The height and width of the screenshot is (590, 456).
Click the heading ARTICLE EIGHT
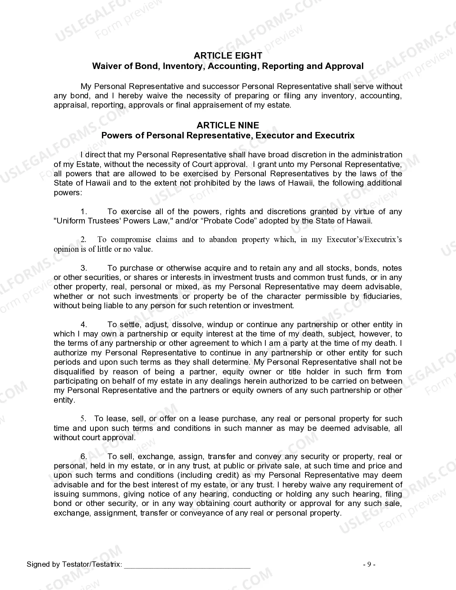click(228, 55)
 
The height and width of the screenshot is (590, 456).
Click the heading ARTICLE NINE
click(228, 125)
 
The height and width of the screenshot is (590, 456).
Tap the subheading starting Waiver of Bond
click(228, 66)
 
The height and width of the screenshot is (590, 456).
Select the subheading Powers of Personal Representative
click(228, 136)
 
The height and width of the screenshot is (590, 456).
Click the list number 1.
click(84, 212)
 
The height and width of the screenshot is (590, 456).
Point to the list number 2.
click(83, 240)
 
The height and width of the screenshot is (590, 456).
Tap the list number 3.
click(84, 268)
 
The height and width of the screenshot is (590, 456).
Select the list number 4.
click(84, 325)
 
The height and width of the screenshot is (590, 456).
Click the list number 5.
click(83, 419)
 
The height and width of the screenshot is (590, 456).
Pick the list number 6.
click(84, 457)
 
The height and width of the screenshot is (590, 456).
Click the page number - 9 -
click(369, 565)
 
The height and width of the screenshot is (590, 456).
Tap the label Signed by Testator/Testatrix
click(74, 565)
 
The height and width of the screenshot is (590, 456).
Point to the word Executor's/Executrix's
click(364, 240)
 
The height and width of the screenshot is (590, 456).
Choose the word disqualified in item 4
click(74, 372)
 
